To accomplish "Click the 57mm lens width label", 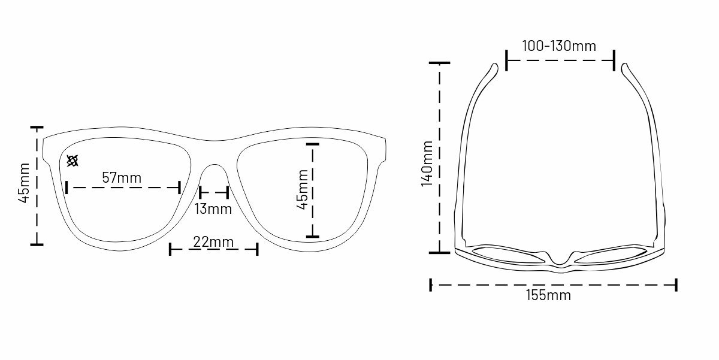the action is pos(122,177).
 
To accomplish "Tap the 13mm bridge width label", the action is pos(213,209).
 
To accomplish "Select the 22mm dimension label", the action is pos(213,241).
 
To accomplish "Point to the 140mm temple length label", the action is pos(427,164).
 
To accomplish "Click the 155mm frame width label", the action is pos(549,295).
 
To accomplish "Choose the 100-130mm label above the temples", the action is pos(559,46).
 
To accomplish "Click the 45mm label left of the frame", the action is pos(24,183).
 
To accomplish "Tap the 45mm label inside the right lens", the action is pos(303,190).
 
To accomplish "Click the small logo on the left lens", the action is pos(72,161).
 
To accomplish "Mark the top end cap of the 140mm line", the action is pos(439,63).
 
